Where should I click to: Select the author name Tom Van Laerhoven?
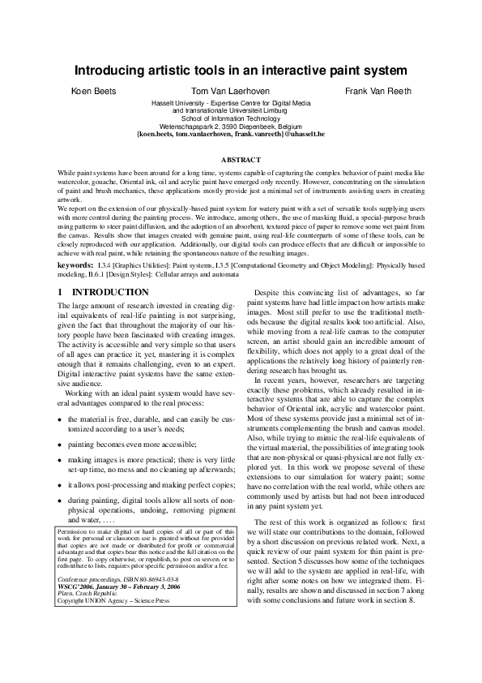[x=230, y=92]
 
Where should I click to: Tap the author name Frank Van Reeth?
[x=377, y=92]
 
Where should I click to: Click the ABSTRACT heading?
[x=241, y=160]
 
